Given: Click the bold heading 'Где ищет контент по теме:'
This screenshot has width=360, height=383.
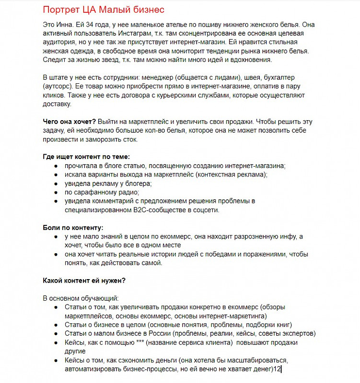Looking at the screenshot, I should pos(86,157).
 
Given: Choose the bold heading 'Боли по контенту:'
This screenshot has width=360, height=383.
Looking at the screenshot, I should pos(73,227).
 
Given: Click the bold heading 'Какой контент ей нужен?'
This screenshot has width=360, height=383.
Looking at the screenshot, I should pos(84,281).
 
